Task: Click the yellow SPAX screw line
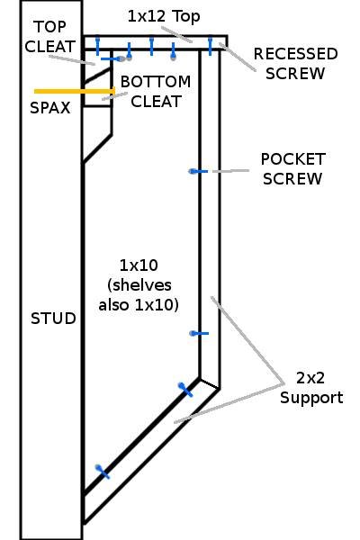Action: click(x=75, y=91)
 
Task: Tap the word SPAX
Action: click(x=50, y=108)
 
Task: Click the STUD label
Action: click(x=53, y=319)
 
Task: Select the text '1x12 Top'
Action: click(x=164, y=16)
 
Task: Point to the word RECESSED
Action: click(x=295, y=54)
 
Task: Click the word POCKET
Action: click(x=292, y=159)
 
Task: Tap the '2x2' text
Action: click(x=310, y=378)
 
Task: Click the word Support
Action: click(x=311, y=399)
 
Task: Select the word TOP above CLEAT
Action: click(x=50, y=27)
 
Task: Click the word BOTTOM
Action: click(x=156, y=82)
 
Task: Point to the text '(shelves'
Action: click(x=139, y=285)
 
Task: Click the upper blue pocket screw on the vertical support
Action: click(x=198, y=171)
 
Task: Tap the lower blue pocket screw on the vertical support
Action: click(x=199, y=333)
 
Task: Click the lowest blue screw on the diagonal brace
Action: click(x=103, y=472)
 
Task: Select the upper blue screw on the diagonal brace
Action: click(x=185, y=390)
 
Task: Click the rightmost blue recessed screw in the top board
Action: click(x=210, y=46)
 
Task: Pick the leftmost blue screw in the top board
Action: click(x=97, y=46)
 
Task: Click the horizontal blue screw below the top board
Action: click(x=112, y=58)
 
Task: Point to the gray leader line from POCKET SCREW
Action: click(x=230, y=171)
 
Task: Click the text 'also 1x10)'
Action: click(x=139, y=305)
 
